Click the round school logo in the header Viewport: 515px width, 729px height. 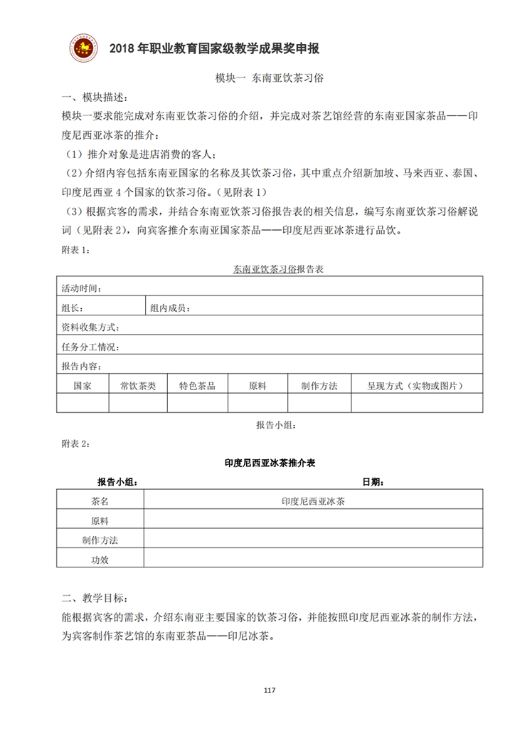84,47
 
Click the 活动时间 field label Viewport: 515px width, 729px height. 81,288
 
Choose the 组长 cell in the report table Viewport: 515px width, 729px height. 73,308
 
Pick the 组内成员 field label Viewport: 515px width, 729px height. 169,308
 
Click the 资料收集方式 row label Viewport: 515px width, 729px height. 90,327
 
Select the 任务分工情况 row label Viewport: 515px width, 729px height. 90,347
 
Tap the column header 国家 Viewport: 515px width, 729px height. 83,385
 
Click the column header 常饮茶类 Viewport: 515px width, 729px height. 138,385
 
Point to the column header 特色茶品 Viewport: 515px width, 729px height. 197,385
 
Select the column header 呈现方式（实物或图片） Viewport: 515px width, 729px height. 415,385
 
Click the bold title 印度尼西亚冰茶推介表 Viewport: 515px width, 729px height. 270,462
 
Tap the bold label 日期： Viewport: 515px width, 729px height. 373,482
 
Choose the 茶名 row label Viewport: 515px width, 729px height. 100,501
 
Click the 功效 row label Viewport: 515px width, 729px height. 100,560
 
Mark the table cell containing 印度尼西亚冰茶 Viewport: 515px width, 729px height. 313,501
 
